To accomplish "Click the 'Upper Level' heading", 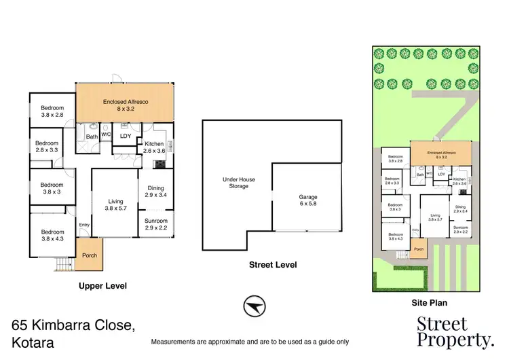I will pyautogui.click(x=103, y=286).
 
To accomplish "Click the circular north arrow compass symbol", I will pyautogui.click(x=253, y=307).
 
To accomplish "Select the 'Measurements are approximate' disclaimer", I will pyautogui.click(x=250, y=342).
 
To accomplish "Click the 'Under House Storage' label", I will pyautogui.click(x=238, y=183).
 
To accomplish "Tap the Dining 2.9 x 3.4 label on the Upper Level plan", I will pyautogui.click(x=155, y=192).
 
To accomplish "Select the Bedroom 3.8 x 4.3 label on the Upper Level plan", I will pyautogui.click(x=52, y=235).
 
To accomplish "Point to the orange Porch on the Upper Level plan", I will pyautogui.click(x=89, y=255).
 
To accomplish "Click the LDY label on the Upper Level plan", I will pyautogui.click(x=125, y=136).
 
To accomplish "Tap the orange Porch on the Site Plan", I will pyautogui.click(x=419, y=249).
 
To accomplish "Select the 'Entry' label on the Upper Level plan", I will pyautogui.click(x=84, y=226).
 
